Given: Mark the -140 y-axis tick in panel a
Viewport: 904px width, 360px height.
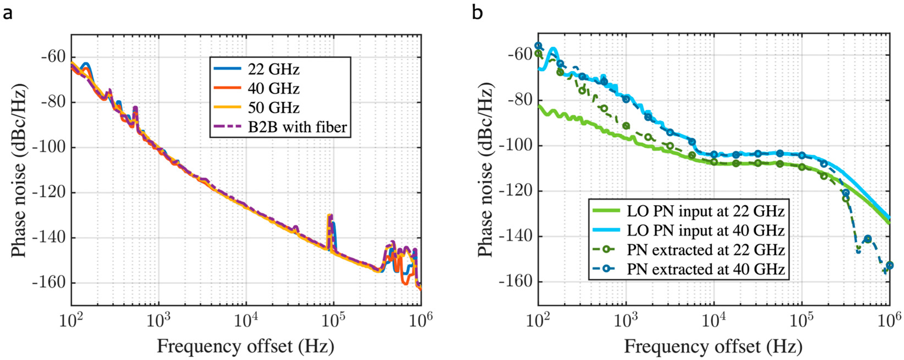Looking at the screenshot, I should [x=49, y=238].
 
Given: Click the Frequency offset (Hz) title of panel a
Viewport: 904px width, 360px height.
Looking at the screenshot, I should [x=245, y=346].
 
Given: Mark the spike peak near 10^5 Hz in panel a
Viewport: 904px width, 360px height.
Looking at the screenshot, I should [x=329, y=215].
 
